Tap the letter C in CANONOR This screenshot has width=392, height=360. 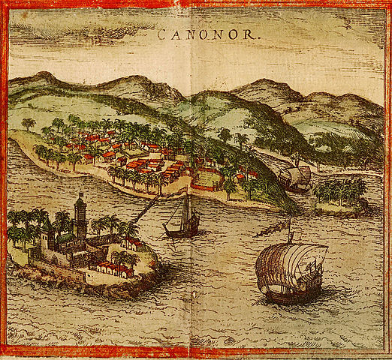[162, 34]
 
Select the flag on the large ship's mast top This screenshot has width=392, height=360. [288, 223]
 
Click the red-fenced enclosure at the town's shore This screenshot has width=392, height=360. [207, 181]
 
